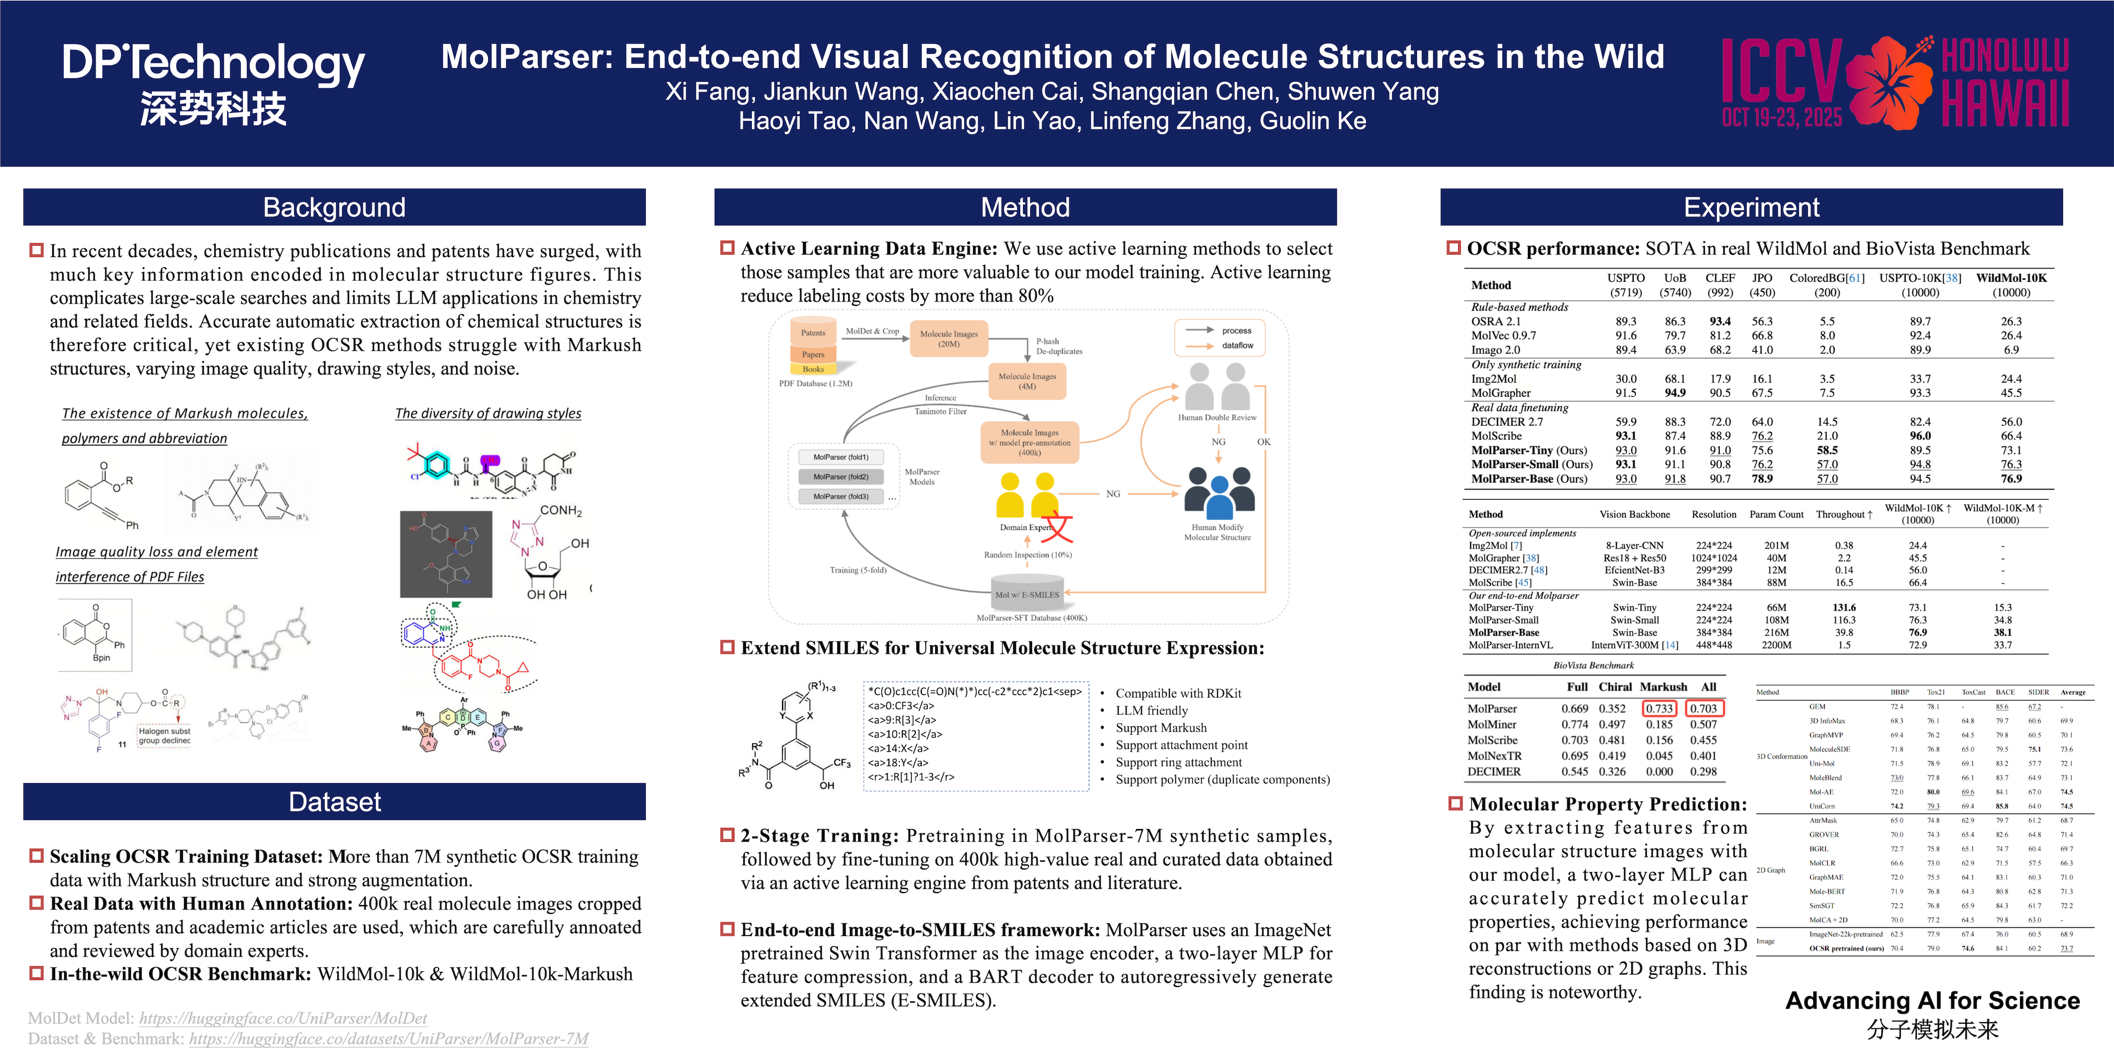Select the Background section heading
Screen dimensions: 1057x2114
pyautogui.click(x=334, y=208)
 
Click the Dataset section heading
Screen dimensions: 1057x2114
pyautogui.click(x=334, y=802)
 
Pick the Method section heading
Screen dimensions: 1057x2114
pyautogui.click(x=1025, y=208)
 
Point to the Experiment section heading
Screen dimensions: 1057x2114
pyautogui.click(x=1751, y=208)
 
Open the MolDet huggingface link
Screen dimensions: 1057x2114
pyautogui.click(x=283, y=1018)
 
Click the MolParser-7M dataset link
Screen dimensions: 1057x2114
pyautogui.click(x=388, y=1039)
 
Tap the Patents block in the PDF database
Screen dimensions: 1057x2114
pyautogui.click(x=813, y=333)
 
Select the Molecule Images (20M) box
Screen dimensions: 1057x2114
pyautogui.click(x=949, y=339)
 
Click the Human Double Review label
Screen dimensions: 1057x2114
pyautogui.click(x=1217, y=417)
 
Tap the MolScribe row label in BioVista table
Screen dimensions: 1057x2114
pyautogui.click(x=1492, y=740)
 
